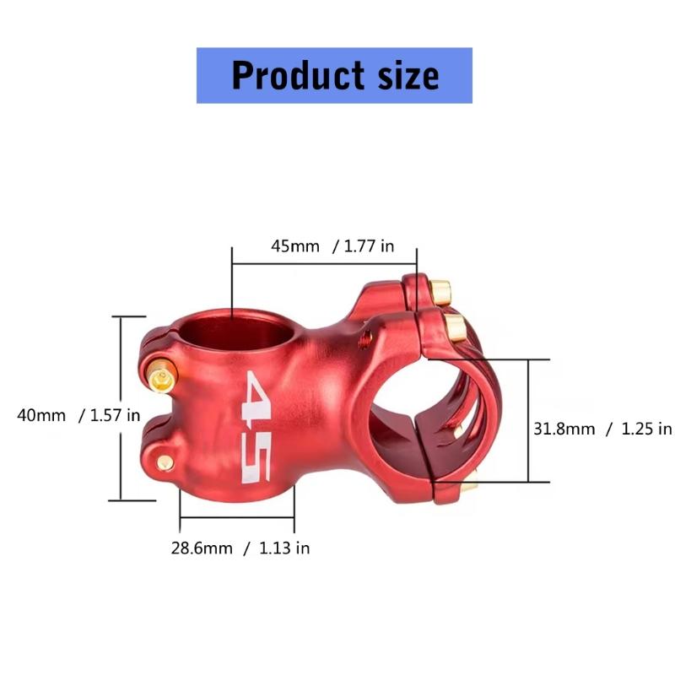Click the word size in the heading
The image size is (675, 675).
click(x=408, y=75)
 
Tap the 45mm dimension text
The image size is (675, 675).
click(x=295, y=246)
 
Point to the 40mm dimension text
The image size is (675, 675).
click(x=41, y=415)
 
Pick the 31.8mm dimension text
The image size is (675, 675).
click(x=564, y=429)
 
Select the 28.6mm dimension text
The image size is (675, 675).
click(x=202, y=548)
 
